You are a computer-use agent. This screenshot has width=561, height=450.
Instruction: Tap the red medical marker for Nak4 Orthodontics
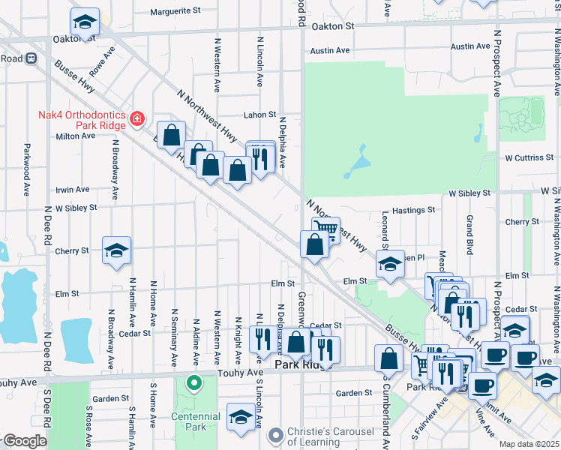click(136, 118)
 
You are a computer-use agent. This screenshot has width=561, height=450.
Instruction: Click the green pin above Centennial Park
click(194, 383)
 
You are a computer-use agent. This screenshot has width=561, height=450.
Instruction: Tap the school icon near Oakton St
click(85, 22)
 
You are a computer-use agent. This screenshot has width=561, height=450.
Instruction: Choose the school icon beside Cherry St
click(116, 251)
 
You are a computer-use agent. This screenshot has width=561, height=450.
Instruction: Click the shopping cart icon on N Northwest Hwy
click(325, 229)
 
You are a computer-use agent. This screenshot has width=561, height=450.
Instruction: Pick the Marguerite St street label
click(176, 11)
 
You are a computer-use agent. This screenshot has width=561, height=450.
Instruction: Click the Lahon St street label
click(259, 115)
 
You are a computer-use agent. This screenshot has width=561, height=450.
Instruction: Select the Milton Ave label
click(76, 136)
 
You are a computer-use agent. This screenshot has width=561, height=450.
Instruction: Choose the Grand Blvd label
click(469, 233)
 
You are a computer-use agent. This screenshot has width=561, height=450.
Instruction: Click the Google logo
click(24, 441)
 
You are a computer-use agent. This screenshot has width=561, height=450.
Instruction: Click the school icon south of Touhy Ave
click(241, 417)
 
